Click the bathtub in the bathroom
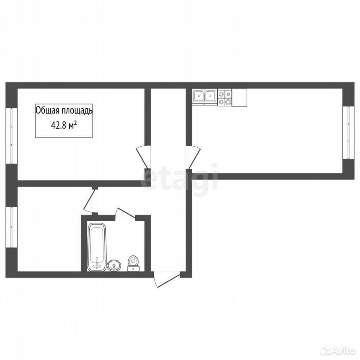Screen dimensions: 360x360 (x=97, y=247)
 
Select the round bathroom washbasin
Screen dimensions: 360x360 (x=114, y=265)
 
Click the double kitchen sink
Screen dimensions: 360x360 (x=205, y=96)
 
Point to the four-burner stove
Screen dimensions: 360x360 (x=225, y=97)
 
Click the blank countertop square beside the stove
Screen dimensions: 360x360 (x=240, y=97)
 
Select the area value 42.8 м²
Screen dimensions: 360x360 (x=64, y=126)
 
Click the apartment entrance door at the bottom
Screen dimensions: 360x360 (x=166, y=279)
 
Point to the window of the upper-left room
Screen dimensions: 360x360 (x=12, y=136)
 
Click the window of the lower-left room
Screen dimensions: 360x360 (x=12, y=227)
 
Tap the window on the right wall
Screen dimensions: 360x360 (x=348, y=132)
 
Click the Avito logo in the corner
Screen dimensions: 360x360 (x=338, y=351)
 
